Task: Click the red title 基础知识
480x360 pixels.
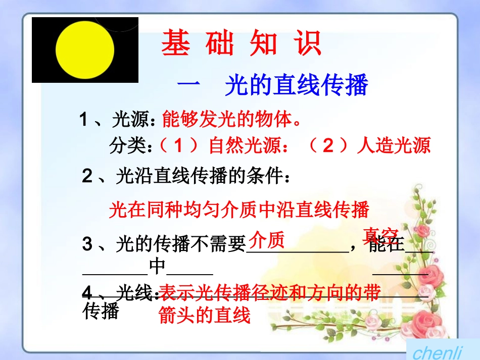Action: [x=241, y=44]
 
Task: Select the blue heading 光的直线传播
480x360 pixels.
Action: [x=296, y=86]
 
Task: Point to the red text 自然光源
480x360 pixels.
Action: [x=243, y=146]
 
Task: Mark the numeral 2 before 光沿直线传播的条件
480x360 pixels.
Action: [x=87, y=176]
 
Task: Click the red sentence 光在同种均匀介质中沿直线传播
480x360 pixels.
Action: [x=239, y=210]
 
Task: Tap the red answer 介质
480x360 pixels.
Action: [x=267, y=239]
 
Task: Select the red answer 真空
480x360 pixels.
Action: [x=381, y=234]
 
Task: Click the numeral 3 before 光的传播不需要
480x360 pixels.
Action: [x=87, y=245]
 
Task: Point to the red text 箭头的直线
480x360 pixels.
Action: [x=204, y=316]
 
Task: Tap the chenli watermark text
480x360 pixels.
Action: [x=438, y=352]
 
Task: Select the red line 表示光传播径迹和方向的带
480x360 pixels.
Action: [x=270, y=293]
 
